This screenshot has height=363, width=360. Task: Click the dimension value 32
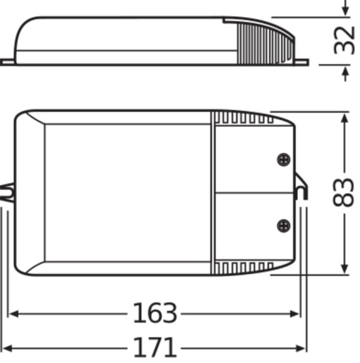point(344,41)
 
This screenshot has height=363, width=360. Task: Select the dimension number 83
point(344,192)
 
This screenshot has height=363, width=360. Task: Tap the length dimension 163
point(155,312)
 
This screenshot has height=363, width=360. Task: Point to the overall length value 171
point(155,347)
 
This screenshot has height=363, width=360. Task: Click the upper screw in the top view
point(283,160)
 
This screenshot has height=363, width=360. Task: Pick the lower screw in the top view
point(283,226)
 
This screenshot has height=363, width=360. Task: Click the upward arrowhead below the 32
point(344,71)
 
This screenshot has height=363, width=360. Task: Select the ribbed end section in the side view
point(265,42)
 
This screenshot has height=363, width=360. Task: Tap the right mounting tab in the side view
point(301,62)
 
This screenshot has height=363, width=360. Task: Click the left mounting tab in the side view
point(7,62)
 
